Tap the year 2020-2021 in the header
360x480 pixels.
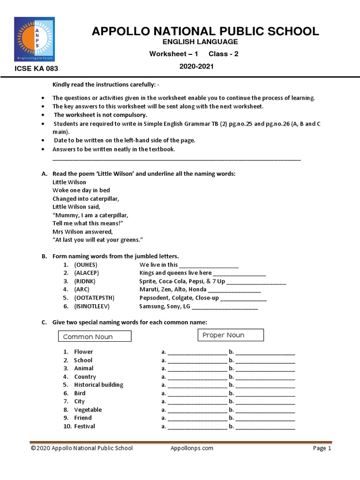196,67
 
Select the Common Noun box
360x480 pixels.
95,337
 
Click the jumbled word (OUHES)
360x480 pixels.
86,265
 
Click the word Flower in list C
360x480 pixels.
83,352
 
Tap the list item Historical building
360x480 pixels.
98,385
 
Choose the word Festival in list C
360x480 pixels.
84,426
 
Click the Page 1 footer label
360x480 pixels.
322,448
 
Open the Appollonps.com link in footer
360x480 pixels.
192,448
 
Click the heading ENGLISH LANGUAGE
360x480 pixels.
196,42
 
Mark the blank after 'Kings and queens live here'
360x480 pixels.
240,274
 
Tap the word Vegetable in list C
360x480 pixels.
88,410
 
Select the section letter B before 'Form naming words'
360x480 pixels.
44,256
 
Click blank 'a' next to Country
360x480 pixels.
197,377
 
